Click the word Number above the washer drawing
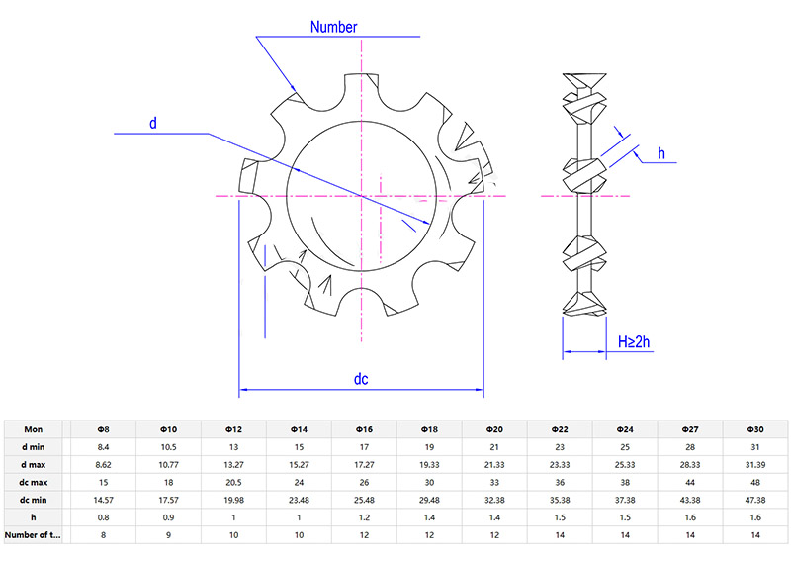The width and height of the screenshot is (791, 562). point(333,27)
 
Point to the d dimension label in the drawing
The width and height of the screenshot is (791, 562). point(152,124)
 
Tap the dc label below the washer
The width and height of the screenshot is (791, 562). point(362,379)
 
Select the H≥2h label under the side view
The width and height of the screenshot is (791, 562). point(634,342)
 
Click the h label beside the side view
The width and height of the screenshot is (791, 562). point(661,153)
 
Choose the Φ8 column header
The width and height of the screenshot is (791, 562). point(103,429)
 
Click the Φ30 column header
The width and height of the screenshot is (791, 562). point(755,429)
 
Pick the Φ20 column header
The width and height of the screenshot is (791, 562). point(494,429)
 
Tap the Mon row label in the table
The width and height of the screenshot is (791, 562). point(34,429)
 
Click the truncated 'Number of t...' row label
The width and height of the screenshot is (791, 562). point(34,534)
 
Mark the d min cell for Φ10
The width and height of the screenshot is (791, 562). point(168,447)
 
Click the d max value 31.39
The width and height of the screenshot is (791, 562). point(755,464)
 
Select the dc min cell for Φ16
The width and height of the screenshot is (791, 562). point(364,500)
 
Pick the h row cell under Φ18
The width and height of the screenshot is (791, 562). point(429,516)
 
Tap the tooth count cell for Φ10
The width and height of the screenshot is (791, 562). point(168,534)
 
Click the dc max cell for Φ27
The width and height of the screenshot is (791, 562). point(690,482)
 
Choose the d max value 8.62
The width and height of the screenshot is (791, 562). point(103,464)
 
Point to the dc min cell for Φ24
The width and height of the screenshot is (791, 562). point(625,500)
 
